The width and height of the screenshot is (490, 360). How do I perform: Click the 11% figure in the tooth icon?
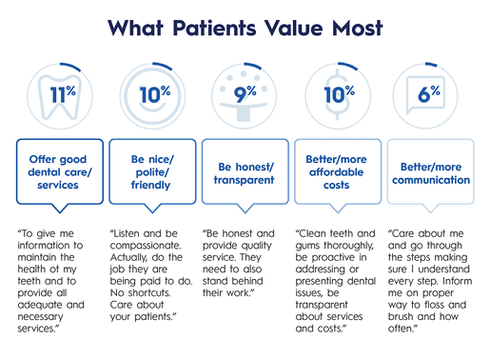(62, 94)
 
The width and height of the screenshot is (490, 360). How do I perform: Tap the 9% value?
(245, 94)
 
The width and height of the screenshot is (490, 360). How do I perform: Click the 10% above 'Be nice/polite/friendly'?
(153, 93)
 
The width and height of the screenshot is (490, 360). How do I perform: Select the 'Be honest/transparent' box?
(245, 171)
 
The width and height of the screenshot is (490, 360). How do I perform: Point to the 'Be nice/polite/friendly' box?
(153, 171)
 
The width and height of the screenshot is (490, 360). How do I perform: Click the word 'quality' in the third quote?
(249, 247)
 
